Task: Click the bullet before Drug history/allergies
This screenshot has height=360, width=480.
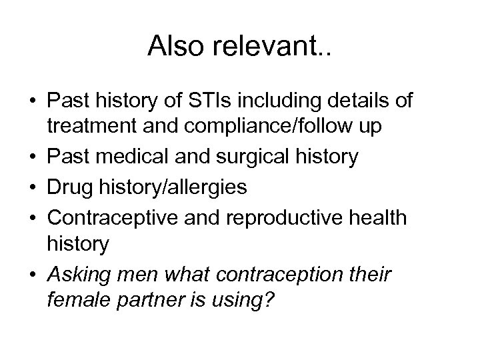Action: (x=32, y=187)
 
